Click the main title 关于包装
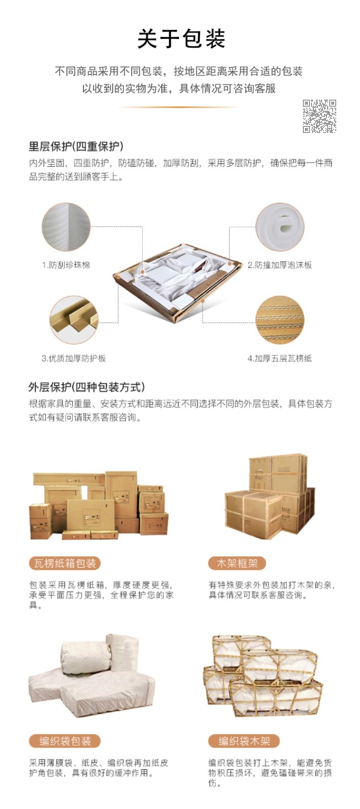(x=181, y=39)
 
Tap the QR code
(x=319, y=116)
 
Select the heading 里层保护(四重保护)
(x=76, y=146)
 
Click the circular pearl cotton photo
(x=66, y=227)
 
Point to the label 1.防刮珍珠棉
(x=66, y=265)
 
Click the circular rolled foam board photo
(x=280, y=227)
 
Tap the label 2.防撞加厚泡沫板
(x=280, y=265)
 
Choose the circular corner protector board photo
(x=74, y=320)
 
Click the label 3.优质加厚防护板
(x=74, y=358)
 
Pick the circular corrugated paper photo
(x=280, y=320)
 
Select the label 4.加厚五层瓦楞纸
(x=280, y=358)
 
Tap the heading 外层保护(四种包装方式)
(x=86, y=387)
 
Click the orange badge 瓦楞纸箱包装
(x=65, y=563)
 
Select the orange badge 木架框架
(x=237, y=563)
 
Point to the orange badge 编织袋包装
(x=65, y=741)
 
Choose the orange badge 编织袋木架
(x=244, y=741)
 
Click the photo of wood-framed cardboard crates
(x=269, y=497)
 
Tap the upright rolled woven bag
(x=123, y=654)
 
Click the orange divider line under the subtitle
(x=179, y=107)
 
